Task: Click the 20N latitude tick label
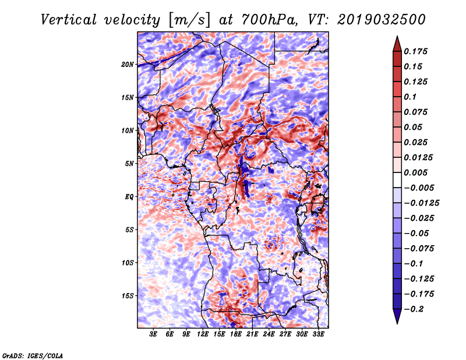(x=128, y=65)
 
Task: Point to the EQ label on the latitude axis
(x=129, y=197)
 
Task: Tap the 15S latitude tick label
(x=128, y=296)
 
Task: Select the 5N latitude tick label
(x=129, y=164)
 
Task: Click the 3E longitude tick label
(x=153, y=334)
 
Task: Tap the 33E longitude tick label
(x=318, y=334)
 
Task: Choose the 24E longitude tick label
(x=269, y=334)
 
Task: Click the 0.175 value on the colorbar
(x=415, y=51)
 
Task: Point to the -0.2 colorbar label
(x=414, y=309)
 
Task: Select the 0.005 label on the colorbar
(x=415, y=172)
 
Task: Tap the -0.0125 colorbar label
(x=421, y=203)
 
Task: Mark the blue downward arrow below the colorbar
(x=397, y=316)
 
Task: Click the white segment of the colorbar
(x=397, y=180)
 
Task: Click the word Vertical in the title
(x=69, y=20)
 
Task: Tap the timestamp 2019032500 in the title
(x=382, y=20)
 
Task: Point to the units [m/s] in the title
(x=189, y=20)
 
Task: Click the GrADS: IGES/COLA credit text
(x=33, y=355)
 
